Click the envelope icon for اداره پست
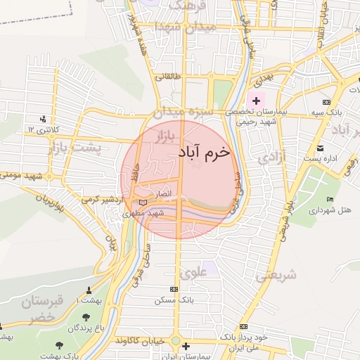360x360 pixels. (321, 148)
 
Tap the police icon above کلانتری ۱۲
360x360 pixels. (44, 118)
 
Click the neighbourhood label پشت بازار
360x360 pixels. (75, 148)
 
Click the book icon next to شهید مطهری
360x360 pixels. (144, 204)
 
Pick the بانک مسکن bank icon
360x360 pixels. (174, 289)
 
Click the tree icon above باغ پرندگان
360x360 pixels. (86, 317)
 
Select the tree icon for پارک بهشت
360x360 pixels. (58, 345)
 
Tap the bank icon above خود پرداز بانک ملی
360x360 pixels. (243, 327)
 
